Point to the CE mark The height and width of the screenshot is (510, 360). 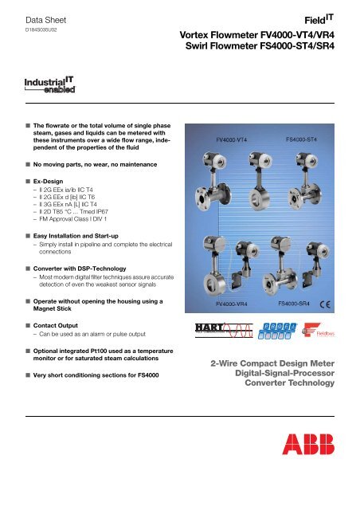(x=338, y=305)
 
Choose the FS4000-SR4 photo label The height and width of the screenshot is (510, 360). (x=299, y=304)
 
